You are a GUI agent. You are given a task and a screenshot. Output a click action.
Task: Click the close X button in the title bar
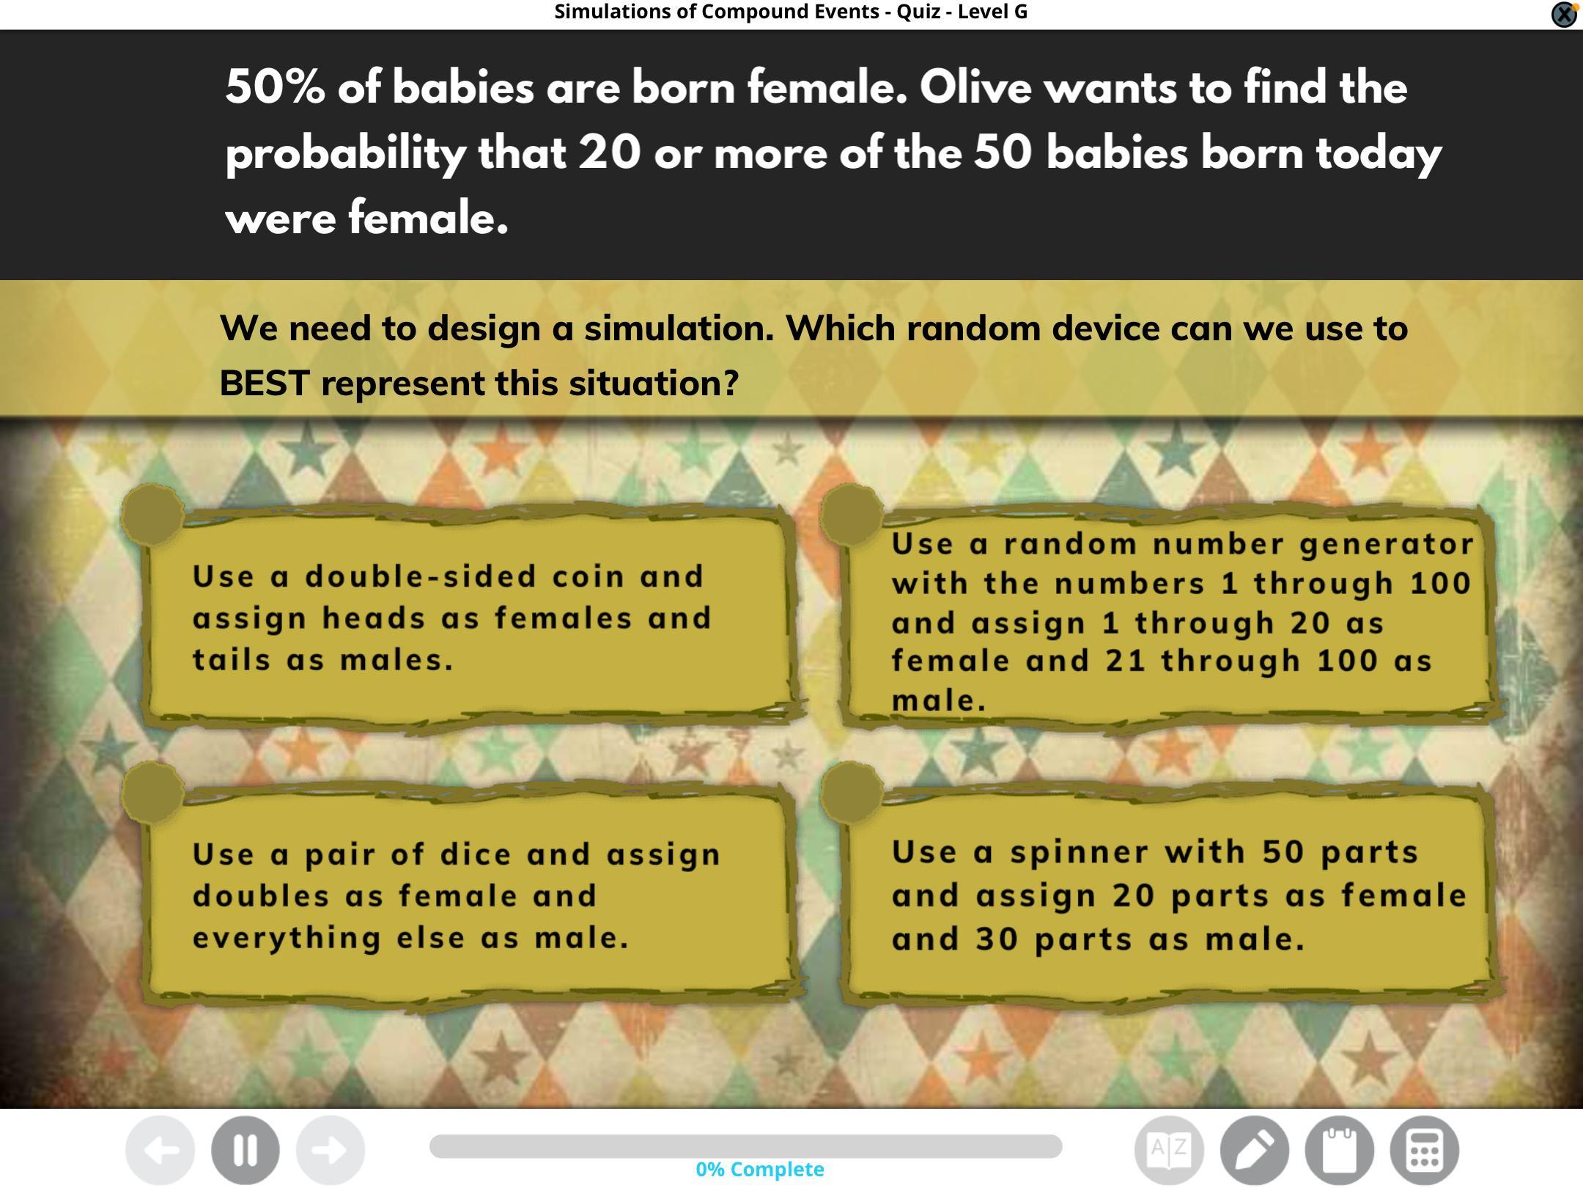[x=1564, y=14]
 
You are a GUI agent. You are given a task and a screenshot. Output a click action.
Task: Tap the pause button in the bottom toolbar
[x=246, y=1150]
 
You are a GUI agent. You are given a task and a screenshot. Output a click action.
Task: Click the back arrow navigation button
[x=160, y=1150]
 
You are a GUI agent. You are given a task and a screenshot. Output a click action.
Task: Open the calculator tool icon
[x=1425, y=1150]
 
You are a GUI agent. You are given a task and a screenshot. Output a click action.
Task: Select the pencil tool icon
[x=1255, y=1150]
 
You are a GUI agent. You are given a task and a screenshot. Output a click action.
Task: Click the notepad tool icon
[x=1340, y=1150]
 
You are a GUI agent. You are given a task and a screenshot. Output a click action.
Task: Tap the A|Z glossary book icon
[x=1170, y=1150]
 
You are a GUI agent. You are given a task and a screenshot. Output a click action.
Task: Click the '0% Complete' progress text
[x=760, y=1169]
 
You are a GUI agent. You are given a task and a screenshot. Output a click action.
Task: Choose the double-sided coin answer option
[x=469, y=617]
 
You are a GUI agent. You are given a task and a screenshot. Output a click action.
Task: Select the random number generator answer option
[x=1170, y=617]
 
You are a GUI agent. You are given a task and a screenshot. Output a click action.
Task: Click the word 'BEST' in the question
[x=265, y=383]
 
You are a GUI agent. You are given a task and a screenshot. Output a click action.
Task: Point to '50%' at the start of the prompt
[x=275, y=87]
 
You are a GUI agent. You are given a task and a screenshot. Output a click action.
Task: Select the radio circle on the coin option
[x=152, y=514]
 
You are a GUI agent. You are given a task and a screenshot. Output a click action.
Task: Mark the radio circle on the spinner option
[x=851, y=792]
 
